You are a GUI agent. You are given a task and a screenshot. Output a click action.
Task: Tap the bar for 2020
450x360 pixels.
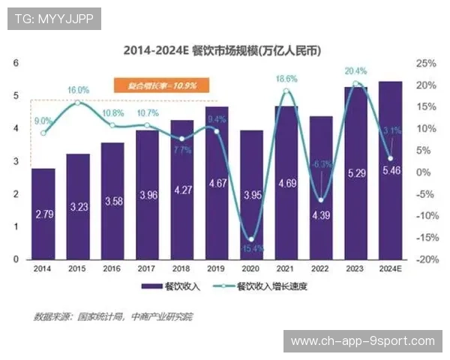coord(251,195)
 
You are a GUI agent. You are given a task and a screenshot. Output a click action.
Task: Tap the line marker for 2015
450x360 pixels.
coord(78,103)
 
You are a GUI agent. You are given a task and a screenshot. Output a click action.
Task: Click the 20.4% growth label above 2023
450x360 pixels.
coord(355,71)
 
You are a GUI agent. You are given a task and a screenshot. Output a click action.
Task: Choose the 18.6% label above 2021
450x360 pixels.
coord(286,79)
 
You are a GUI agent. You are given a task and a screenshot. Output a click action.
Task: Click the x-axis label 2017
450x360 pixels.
coord(147,268)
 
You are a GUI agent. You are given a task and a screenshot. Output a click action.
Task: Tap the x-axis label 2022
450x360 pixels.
coord(320,268)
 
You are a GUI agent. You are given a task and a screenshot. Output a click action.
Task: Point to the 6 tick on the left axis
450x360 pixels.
coord(16,63)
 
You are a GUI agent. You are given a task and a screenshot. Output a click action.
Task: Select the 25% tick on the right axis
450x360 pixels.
coord(425,63)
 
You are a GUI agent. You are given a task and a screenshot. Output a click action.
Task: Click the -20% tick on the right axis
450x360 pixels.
coord(424,259)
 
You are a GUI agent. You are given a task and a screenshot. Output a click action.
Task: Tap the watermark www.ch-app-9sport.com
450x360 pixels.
coord(362,341)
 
